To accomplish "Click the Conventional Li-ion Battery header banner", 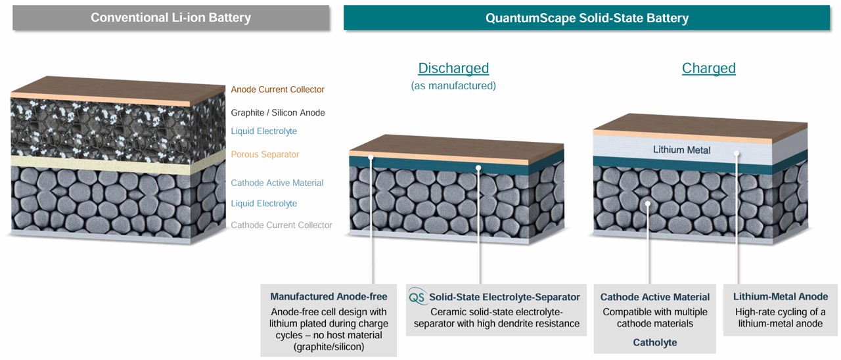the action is pyautogui.click(x=171, y=18).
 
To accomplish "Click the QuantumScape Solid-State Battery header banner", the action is pyautogui.click(x=587, y=18).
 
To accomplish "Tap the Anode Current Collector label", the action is pyautogui.click(x=277, y=89).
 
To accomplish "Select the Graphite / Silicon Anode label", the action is pyautogui.click(x=278, y=112).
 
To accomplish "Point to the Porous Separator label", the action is pyautogui.click(x=265, y=154).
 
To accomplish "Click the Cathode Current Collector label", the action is pyautogui.click(x=281, y=225).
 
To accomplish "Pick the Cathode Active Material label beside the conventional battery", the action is pyautogui.click(x=277, y=183).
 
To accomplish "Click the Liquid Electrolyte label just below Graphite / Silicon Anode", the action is pyautogui.click(x=263, y=131).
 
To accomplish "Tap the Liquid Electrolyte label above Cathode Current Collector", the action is pyautogui.click(x=263, y=203).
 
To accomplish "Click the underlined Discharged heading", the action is pyautogui.click(x=453, y=68).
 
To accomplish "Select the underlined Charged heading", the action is pyautogui.click(x=708, y=68).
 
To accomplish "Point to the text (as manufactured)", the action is pyautogui.click(x=453, y=85).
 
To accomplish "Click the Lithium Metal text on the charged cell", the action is pyautogui.click(x=681, y=150).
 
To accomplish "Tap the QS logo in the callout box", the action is pyautogui.click(x=417, y=296).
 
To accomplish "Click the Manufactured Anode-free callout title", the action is pyautogui.click(x=329, y=296).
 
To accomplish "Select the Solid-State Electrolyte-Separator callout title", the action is pyautogui.click(x=504, y=297).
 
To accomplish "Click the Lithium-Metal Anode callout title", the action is pyautogui.click(x=780, y=296).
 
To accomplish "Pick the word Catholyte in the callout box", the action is pyautogui.click(x=655, y=342).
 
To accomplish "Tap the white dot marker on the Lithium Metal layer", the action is pyautogui.click(x=737, y=153).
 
